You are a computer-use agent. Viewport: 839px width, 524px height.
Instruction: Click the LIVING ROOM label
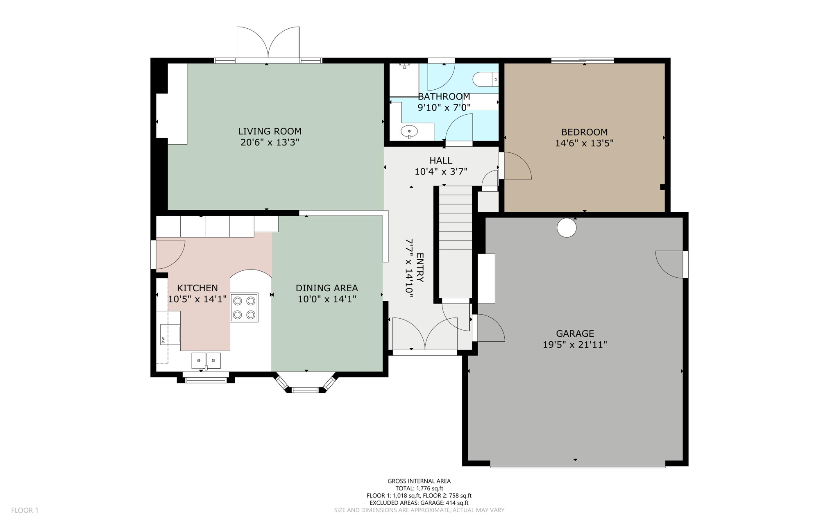coord(270,131)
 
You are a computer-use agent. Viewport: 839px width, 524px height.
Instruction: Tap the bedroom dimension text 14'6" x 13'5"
coord(584,143)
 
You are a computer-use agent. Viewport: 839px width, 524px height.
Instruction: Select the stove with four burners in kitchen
coord(244,307)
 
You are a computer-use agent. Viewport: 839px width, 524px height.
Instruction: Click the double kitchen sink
coord(206,361)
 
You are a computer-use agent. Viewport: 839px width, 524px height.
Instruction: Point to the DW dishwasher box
coord(170,334)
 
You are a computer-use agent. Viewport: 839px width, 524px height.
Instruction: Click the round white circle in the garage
coord(567,227)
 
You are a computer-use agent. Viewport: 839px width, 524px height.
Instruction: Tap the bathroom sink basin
coord(409,132)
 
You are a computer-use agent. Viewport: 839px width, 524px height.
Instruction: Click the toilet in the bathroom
coord(485,79)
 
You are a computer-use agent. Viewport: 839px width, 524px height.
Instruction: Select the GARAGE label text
coord(575,333)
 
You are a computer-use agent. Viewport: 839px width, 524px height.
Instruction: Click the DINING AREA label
coord(327,288)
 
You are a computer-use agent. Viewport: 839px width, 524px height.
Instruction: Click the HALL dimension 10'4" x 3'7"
coord(441,172)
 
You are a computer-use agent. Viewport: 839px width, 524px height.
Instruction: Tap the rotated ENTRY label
coord(420,268)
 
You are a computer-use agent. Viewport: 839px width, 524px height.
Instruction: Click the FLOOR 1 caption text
coord(25,510)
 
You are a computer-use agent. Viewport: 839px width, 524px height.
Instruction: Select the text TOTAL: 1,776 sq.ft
coord(419,488)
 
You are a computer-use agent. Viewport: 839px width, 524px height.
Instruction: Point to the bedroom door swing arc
coord(517,166)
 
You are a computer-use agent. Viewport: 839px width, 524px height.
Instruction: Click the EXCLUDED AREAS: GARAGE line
coord(419,503)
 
